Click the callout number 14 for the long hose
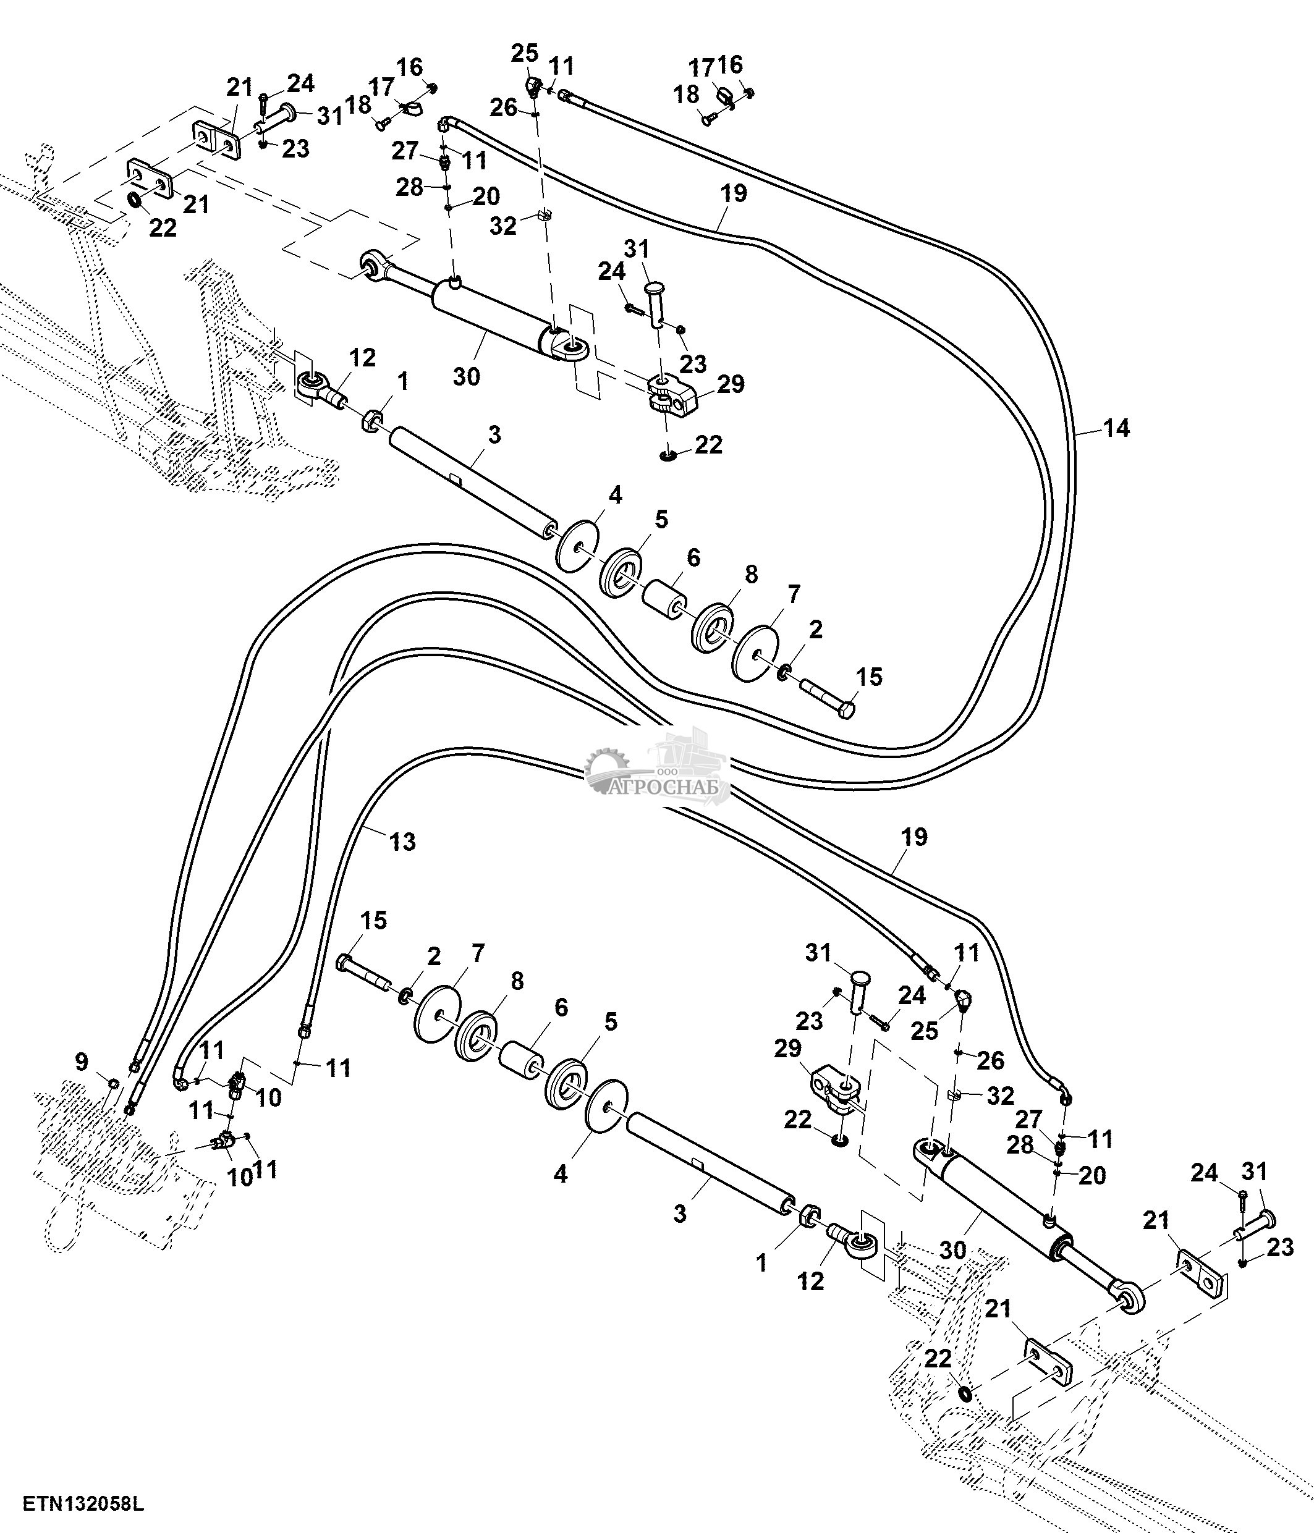tap(1116, 428)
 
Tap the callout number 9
tap(82, 1062)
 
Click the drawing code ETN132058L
tap(83, 1505)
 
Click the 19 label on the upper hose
tap(734, 194)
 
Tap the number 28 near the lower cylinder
tap(1020, 1144)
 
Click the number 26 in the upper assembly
tap(504, 108)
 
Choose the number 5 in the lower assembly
tap(611, 1022)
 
